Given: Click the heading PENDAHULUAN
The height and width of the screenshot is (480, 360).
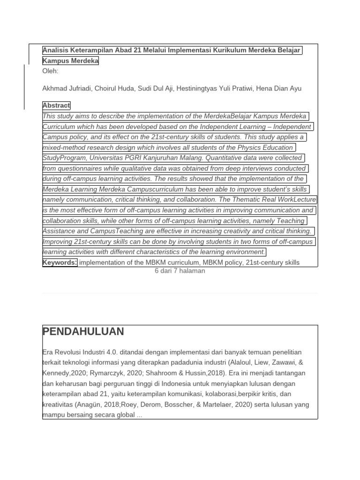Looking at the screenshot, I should tap(83, 332).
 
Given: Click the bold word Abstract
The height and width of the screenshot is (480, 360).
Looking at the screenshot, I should tap(56, 105).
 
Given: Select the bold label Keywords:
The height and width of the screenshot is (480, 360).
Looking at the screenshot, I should tap(60, 262).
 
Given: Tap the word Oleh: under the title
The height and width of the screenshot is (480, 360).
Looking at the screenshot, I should tap(51, 71).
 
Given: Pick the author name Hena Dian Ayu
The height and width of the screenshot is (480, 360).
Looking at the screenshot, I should tap(279, 89).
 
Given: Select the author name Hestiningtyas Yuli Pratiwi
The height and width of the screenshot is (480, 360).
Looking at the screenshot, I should tap(215, 89).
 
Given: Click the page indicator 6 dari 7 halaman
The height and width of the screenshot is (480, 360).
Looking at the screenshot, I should tap(180, 271).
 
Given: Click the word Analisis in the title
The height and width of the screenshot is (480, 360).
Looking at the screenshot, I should tap(56, 51).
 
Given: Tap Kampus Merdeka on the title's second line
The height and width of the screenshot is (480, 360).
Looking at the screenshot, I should tap(70, 61).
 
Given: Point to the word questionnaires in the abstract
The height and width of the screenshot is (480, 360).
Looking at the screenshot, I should tap(82, 168).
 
